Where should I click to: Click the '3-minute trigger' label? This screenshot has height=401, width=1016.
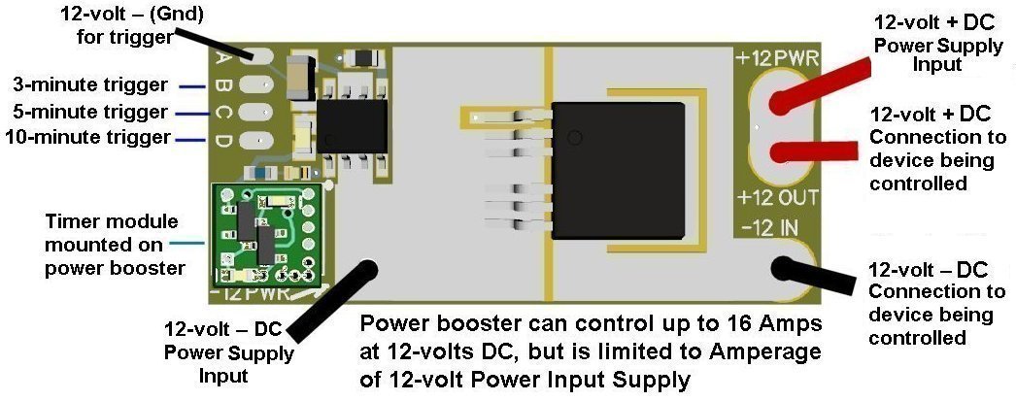point(90,84)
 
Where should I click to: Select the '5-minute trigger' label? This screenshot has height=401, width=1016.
point(90,111)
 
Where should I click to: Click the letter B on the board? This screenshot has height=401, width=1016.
point(222,86)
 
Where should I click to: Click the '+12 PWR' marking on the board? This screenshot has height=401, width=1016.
point(778,58)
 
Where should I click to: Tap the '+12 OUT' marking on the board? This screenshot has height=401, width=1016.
point(778,199)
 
